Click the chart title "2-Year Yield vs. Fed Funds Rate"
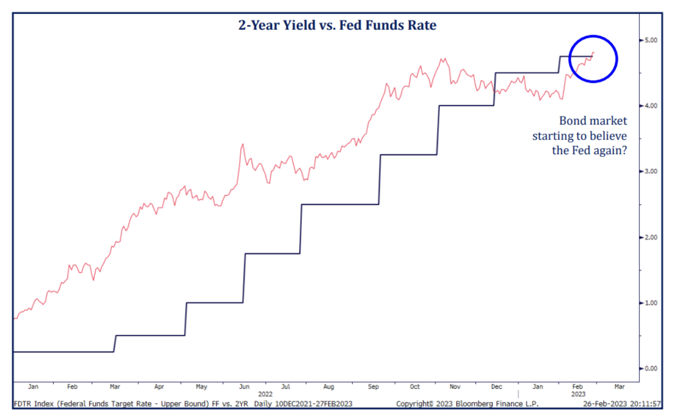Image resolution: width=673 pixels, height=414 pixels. pos(336,24)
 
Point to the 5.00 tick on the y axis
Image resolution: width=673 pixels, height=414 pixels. pos(650,40)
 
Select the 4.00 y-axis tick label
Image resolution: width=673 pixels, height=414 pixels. pos(650,106)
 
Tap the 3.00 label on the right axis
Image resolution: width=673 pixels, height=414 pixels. pos(650,171)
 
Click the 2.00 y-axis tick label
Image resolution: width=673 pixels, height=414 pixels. pos(650,237)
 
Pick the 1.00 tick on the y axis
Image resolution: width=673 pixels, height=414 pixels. pos(650,303)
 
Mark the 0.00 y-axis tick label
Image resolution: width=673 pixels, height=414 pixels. pos(650,368)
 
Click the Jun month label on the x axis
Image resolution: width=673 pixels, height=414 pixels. pos(244,387)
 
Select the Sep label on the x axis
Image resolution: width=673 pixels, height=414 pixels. pos(373,387)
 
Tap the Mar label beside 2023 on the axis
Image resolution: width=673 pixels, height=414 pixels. pos(620,387)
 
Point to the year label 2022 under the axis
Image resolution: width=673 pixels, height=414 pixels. pos(265,394)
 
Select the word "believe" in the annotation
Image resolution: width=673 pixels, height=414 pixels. pos(608,136)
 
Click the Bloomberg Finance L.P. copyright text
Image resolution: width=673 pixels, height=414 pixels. pos(467,404)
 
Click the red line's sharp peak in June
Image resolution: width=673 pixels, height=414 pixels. pos(243,144)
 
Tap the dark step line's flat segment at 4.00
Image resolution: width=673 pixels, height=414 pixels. pos(466,106)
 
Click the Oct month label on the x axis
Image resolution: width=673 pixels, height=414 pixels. pos(415,387)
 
